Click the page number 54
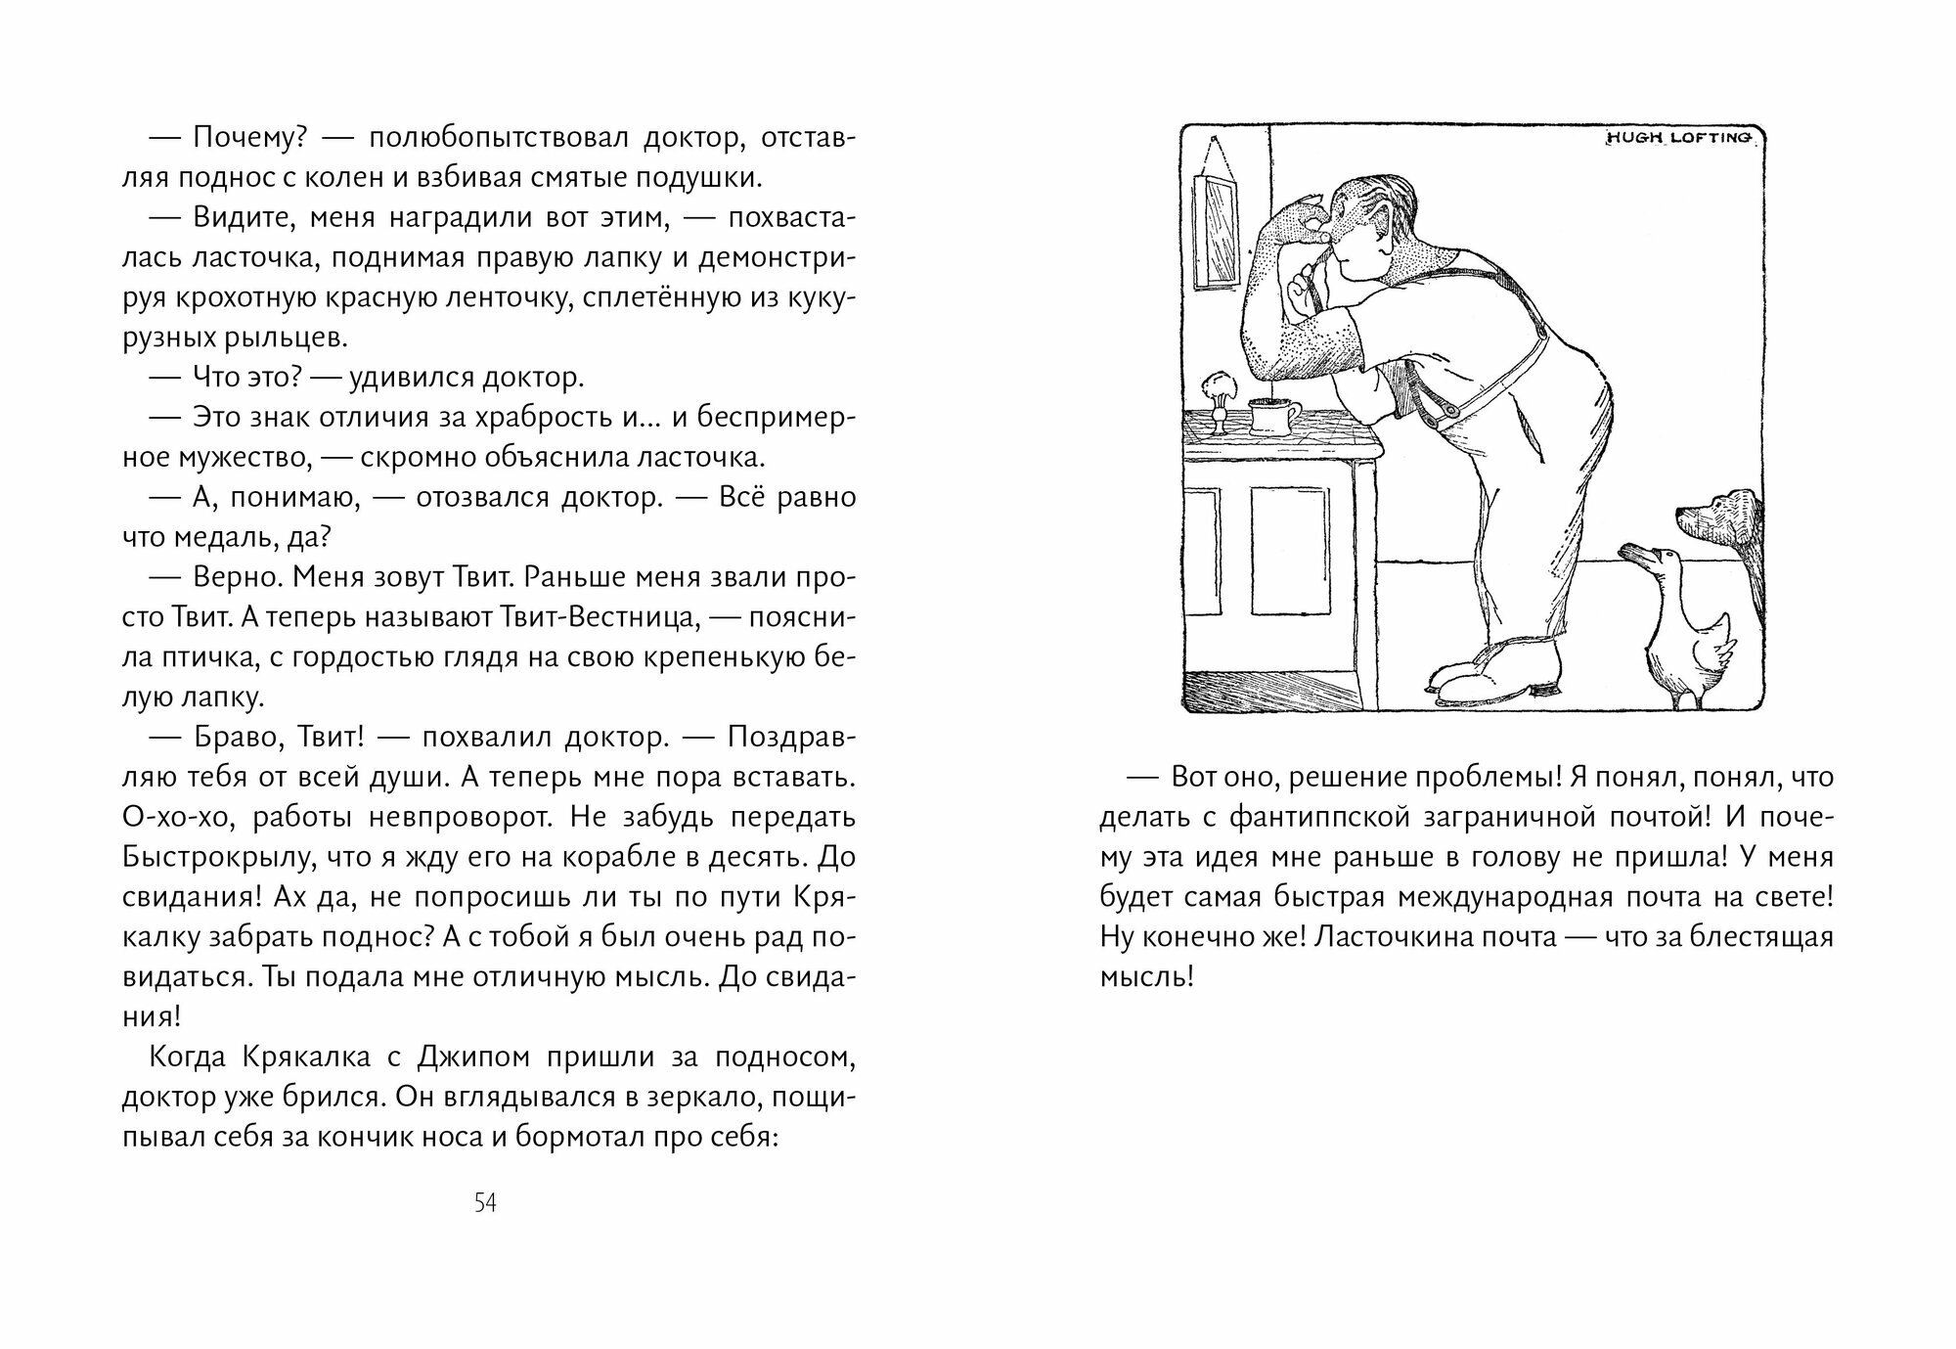click(x=485, y=1203)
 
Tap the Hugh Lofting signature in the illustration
click(x=1681, y=138)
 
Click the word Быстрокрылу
click(x=214, y=857)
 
